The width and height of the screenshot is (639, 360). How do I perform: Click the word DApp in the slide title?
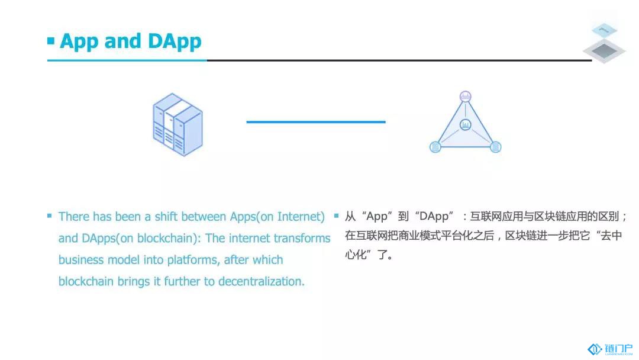pyautogui.click(x=175, y=41)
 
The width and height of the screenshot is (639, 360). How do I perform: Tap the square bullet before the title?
pyautogui.click(x=51, y=41)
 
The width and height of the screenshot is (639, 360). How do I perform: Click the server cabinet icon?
pyautogui.click(x=177, y=124)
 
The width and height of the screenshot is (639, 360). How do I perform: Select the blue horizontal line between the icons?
pyautogui.click(x=316, y=121)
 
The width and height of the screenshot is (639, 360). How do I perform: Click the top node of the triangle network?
pyautogui.click(x=466, y=97)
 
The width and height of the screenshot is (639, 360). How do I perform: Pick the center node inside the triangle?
pyautogui.click(x=466, y=125)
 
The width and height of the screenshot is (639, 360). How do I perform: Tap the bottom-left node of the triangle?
pyautogui.click(x=435, y=147)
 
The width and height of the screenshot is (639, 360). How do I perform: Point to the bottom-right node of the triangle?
pyautogui.click(x=496, y=147)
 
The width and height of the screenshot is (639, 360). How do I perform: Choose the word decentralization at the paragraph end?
pyautogui.click(x=260, y=281)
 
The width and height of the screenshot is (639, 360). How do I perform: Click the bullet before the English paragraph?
pyautogui.click(x=49, y=216)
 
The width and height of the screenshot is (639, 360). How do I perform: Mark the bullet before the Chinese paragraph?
pyautogui.click(x=336, y=216)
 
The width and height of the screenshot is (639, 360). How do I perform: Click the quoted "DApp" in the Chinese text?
pyautogui.click(x=434, y=216)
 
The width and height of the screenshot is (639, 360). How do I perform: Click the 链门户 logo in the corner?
pyautogui.click(x=610, y=349)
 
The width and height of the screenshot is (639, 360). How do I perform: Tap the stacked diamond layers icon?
pyautogui.click(x=604, y=43)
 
